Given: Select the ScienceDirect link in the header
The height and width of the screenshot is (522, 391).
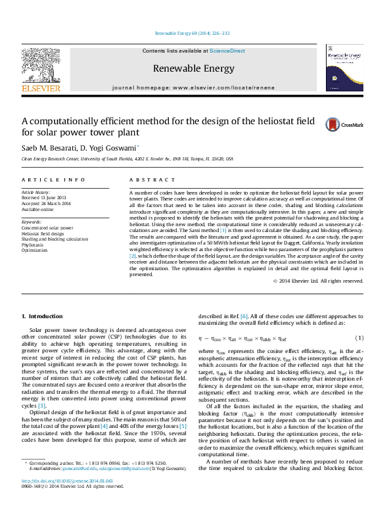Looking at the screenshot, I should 227,51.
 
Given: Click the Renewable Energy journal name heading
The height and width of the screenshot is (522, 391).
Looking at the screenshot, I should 193,68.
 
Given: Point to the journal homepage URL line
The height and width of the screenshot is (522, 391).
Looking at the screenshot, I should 193,87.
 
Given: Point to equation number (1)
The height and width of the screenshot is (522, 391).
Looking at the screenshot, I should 359,338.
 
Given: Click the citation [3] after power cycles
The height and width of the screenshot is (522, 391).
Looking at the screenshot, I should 41,406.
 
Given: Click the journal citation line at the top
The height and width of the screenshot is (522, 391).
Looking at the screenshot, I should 192,34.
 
